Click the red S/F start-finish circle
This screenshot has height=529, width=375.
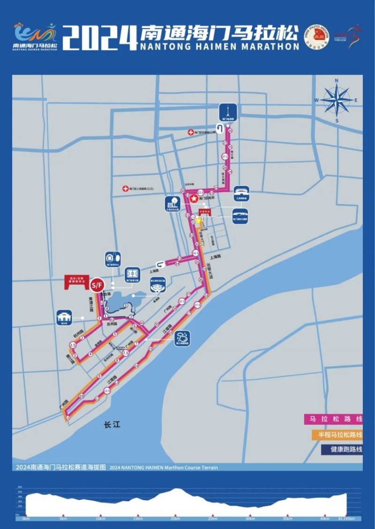(x=97, y=284)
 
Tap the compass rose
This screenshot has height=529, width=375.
(x=337, y=100)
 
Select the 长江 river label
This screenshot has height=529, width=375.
(x=112, y=425)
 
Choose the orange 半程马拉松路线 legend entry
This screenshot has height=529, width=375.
(x=333, y=434)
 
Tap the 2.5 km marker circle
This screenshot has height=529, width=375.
(x=73, y=345)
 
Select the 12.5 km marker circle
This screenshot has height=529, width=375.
(x=107, y=390)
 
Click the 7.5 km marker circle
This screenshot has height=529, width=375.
(x=125, y=353)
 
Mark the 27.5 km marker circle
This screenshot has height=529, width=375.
(x=225, y=156)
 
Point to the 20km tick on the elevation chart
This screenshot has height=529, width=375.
(x=175, y=518)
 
